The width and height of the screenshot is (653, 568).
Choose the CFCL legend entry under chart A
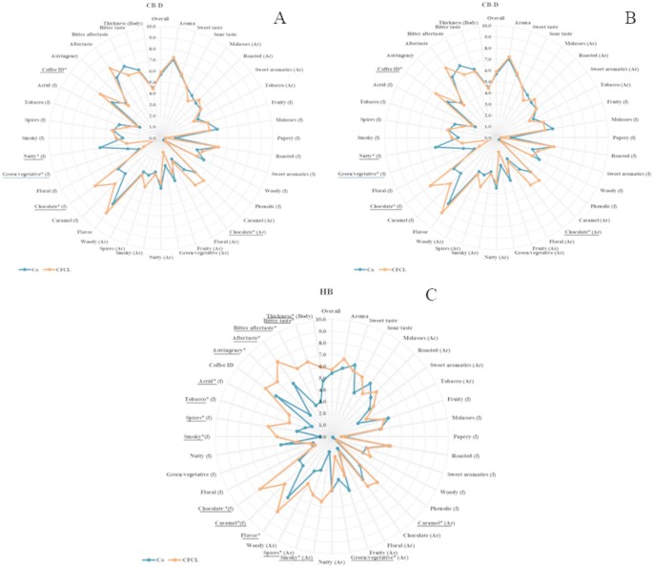coord(59,270)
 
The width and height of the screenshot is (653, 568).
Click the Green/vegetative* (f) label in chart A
coord(28,175)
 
